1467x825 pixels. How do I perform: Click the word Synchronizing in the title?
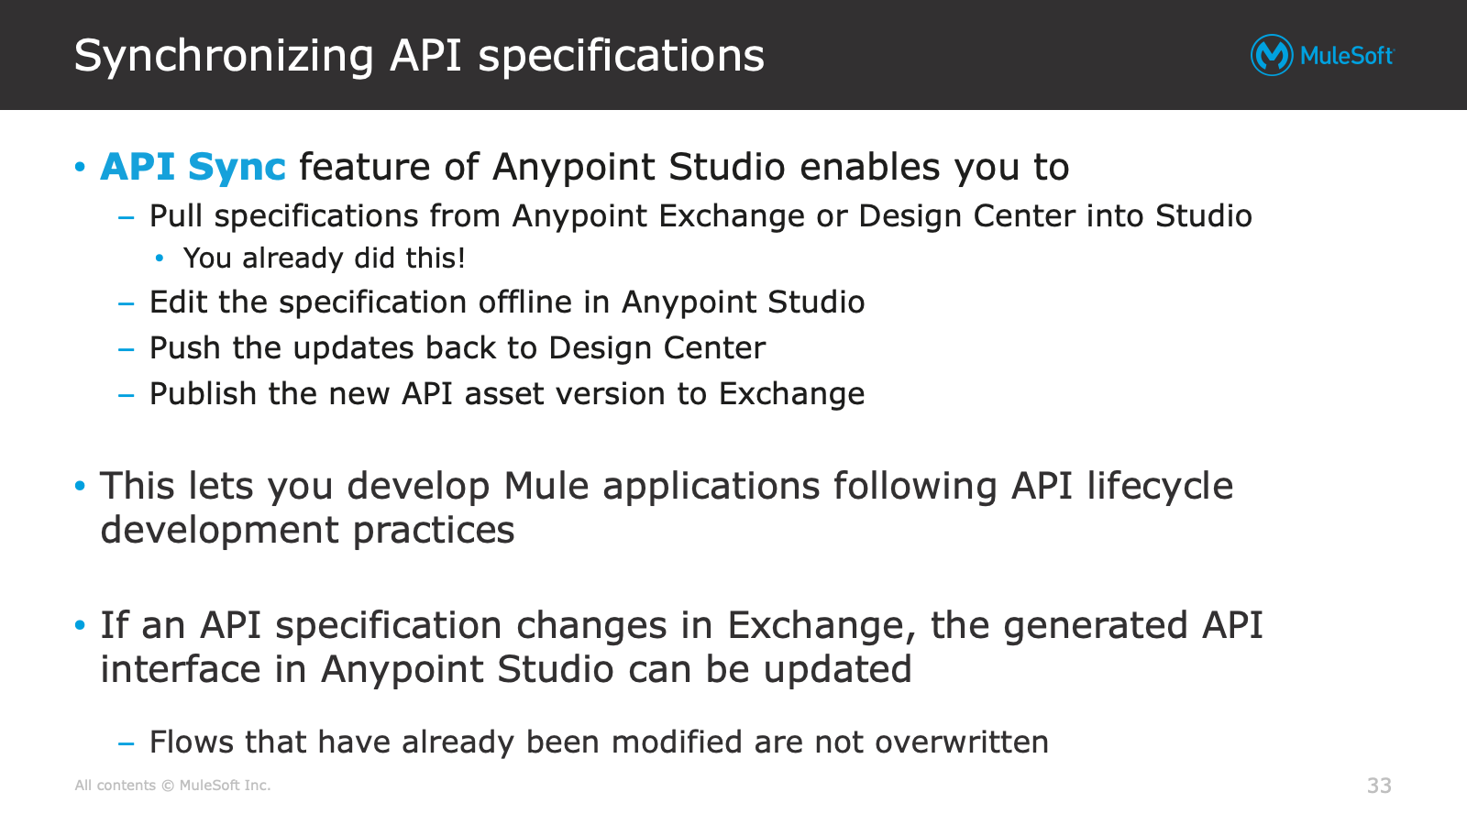tap(224, 56)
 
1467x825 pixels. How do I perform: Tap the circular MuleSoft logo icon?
tap(1271, 55)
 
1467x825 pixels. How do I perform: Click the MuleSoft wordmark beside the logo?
tap(1347, 56)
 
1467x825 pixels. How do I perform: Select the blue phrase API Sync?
tap(193, 168)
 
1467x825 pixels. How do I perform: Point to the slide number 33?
tap(1379, 785)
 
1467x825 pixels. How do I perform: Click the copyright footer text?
tap(173, 785)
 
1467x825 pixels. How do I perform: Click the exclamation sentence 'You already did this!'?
tap(325, 258)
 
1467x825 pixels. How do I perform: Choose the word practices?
tap(434, 531)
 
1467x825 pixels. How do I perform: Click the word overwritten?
tap(962, 742)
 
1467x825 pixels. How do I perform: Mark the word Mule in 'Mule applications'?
tap(546, 487)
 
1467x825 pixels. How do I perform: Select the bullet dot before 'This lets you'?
tap(80, 486)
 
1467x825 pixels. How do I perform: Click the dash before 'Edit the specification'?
tap(127, 303)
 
